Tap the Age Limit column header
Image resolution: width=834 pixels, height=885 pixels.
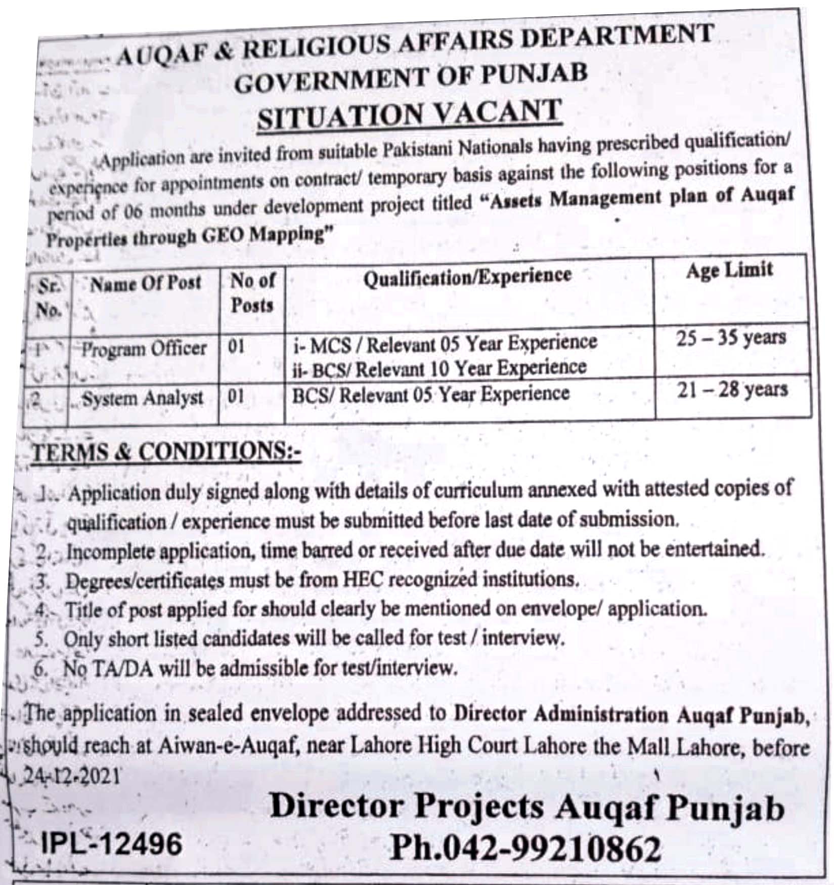click(729, 270)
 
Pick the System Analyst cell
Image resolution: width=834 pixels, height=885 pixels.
click(143, 398)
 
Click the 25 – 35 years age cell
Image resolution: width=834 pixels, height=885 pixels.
click(731, 338)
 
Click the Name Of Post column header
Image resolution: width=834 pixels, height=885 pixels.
click(146, 283)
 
